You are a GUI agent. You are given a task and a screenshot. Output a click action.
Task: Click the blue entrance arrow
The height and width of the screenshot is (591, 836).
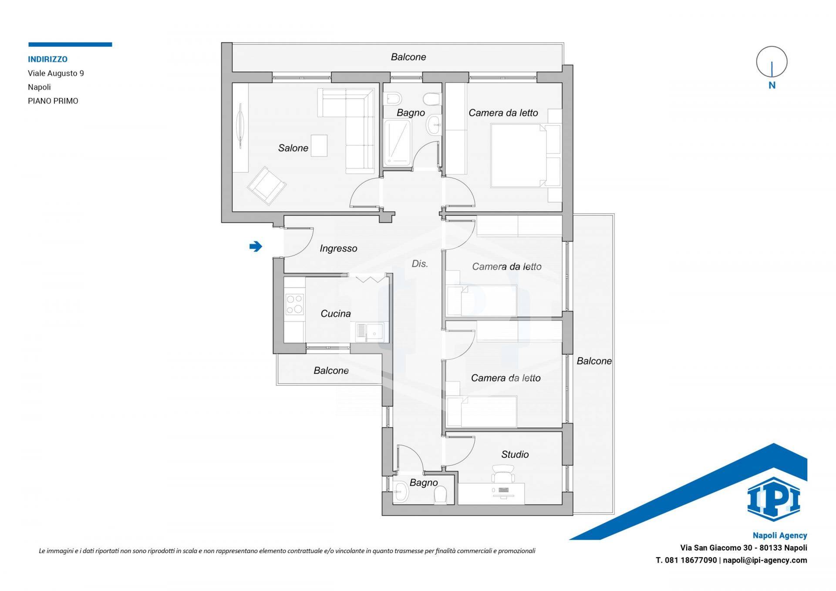tap(256, 247)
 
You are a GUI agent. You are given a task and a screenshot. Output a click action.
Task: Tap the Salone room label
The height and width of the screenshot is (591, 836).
tap(293, 148)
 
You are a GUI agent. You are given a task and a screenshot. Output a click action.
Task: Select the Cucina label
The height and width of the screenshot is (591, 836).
tap(336, 313)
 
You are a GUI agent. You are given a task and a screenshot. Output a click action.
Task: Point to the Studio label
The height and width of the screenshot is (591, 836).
tap(515, 454)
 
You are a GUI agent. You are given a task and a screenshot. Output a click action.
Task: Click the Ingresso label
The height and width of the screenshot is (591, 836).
tap(338, 248)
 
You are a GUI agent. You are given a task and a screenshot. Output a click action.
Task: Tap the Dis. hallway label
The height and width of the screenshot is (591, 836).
tap(420, 263)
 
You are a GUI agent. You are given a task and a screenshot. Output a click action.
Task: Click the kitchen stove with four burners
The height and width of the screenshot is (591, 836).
tap(294, 304)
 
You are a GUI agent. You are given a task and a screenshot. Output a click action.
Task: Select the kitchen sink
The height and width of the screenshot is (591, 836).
tap(370, 332)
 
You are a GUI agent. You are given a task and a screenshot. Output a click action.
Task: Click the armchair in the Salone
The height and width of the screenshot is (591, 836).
tap(267, 185)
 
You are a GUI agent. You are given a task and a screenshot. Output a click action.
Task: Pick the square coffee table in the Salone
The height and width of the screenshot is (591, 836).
tap(319, 145)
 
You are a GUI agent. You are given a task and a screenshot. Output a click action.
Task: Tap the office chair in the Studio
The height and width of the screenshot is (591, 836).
tap(503, 473)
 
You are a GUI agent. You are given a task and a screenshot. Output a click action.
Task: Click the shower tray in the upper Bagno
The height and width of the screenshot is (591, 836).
tap(398, 144)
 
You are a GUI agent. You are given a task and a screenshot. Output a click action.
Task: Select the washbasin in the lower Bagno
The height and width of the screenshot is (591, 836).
tap(401, 493)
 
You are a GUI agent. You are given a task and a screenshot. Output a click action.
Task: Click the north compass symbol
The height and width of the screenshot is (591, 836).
tap(772, 62)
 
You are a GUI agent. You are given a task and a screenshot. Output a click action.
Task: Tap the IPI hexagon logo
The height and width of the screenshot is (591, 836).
tap(774, 499)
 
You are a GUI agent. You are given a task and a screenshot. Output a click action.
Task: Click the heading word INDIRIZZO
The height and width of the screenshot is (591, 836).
tap(48, 59)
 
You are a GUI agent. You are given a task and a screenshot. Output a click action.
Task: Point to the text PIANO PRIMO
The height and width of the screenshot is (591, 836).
tap(53, 101)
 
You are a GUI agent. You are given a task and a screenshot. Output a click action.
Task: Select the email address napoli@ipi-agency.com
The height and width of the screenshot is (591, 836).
tap(765, 560)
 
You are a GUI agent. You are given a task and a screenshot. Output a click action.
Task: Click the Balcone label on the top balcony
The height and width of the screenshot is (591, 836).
tap(408, 57)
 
